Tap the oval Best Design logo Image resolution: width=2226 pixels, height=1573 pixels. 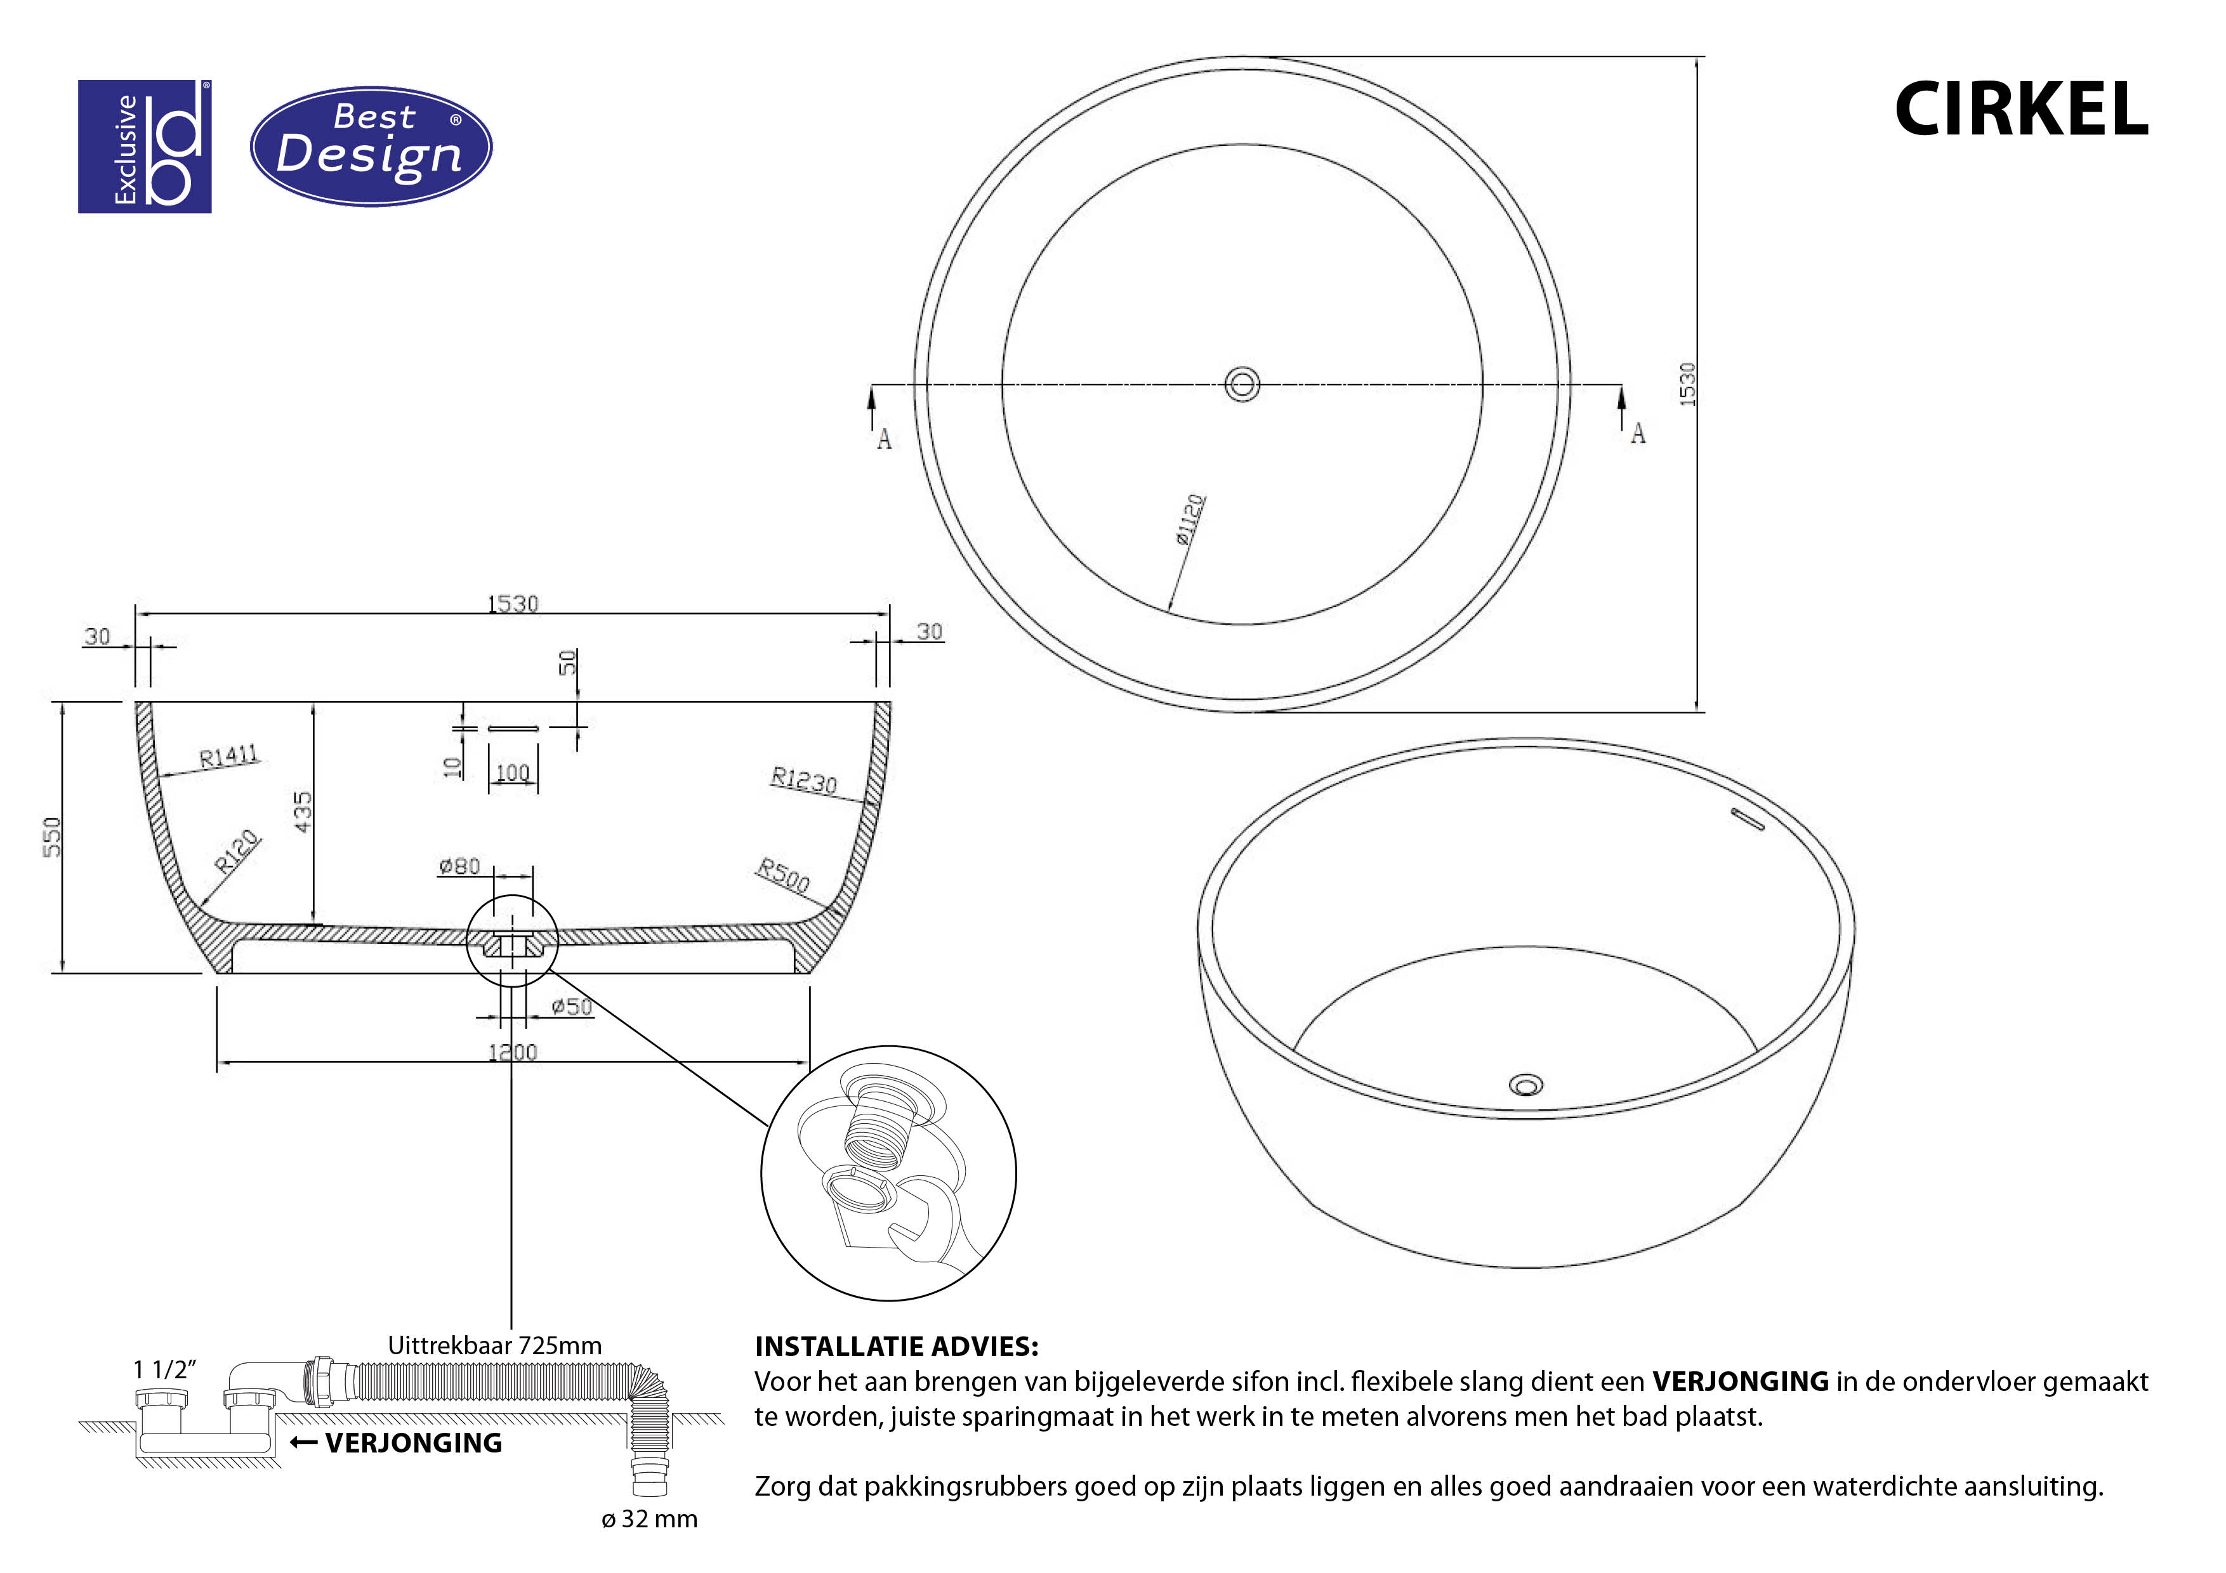coord(371,147)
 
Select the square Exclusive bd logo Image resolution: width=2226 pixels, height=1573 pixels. coord(145,147)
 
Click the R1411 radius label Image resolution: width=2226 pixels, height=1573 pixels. coord(230,756)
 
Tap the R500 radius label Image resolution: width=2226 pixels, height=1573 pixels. coord(782,875)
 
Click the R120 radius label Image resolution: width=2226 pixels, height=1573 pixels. coord(237,851)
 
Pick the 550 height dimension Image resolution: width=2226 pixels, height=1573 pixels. coord(53,837)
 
